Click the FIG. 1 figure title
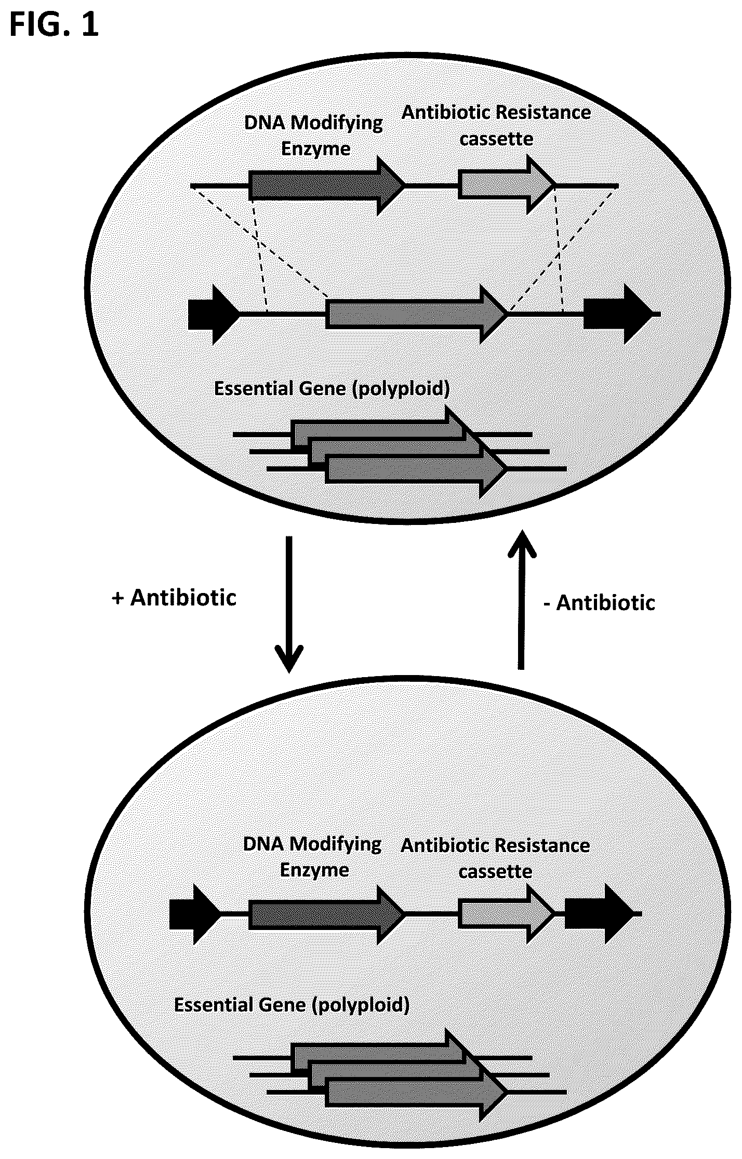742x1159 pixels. coord(54,26)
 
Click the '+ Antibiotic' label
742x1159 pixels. coord(174,598)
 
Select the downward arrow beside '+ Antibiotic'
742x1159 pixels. coord(289,604)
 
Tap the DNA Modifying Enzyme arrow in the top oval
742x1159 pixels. coord(327,185)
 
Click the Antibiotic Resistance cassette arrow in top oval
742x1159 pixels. coord(507,185)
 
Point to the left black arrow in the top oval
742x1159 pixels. coord(214,314)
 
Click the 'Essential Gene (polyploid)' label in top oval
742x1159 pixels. coord(332,389)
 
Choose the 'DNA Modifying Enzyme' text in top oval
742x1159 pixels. coord(314,136)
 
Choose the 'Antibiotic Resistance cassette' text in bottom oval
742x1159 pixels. coord(495,858)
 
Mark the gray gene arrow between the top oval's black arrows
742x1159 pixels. coord(417,314)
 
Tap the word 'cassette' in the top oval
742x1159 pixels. coord(496,139)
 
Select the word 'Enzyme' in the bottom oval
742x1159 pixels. coord(314,871)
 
